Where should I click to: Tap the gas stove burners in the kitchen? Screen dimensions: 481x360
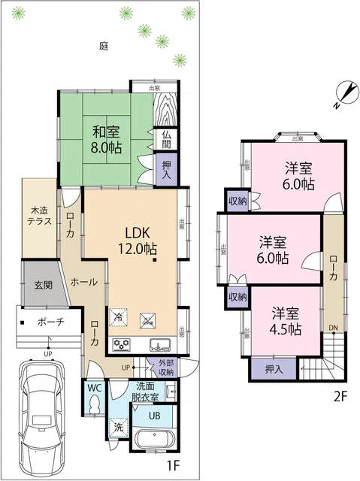point(123,345)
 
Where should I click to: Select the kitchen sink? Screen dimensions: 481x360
point(160,346)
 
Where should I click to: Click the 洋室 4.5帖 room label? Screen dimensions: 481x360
point(286,322)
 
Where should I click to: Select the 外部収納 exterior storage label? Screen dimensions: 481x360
point(166,368)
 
